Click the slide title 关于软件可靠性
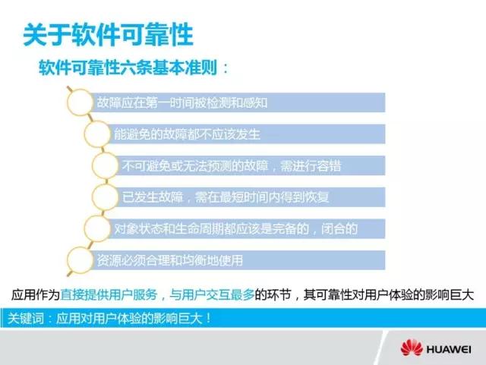point(108,34)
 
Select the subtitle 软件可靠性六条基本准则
point(128,68)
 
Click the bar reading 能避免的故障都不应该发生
point(246,134)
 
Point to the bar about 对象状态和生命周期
point(246,228)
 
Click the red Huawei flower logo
point(412,348)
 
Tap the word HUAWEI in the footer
point(449,350)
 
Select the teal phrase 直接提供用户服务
point(109,294)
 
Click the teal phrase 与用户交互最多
point(212,294)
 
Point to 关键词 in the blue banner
point(26,318)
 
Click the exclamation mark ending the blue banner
point(208,318)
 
